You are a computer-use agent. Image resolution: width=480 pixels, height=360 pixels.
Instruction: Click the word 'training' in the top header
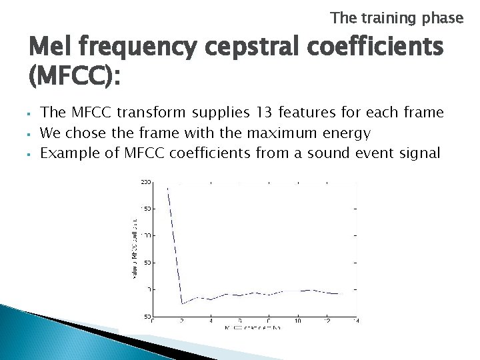(x=389, y=18)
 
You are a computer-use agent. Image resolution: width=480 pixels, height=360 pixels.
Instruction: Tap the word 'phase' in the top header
(x=442, y=18)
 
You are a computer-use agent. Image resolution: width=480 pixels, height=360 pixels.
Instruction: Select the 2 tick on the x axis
(x=182, y=321)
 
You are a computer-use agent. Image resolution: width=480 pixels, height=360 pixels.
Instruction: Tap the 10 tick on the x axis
(x=298, y=321)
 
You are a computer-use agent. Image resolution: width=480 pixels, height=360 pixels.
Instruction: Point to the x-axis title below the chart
(x=253, y=328)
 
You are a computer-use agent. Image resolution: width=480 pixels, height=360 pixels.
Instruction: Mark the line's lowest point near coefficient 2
(x=183, y=303)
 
